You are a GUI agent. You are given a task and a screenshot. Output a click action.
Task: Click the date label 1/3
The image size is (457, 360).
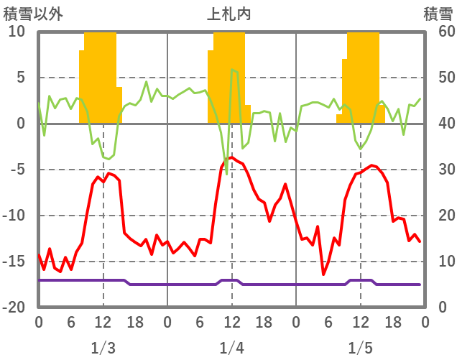tap(103, 348)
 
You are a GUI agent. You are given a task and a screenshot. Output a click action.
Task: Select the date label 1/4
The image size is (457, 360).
tap(231, 348)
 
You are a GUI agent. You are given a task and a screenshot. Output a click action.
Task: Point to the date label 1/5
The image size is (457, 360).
tap(360, 348)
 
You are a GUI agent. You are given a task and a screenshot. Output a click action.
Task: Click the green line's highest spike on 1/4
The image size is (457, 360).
tap(232, 70)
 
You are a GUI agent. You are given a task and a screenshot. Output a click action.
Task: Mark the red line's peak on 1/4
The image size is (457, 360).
tap(231, 157)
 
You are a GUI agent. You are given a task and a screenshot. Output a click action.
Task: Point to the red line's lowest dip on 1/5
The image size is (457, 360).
tap(323, 274)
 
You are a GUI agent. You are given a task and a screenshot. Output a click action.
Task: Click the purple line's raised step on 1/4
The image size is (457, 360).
tap(229, 280)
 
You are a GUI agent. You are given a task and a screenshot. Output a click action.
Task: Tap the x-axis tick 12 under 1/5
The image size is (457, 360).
tap(360, 321)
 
